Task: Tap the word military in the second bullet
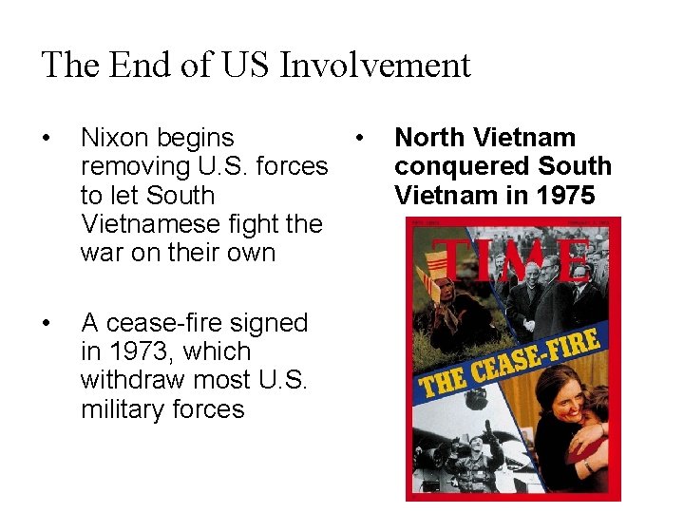116,409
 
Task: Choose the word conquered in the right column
448,167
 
